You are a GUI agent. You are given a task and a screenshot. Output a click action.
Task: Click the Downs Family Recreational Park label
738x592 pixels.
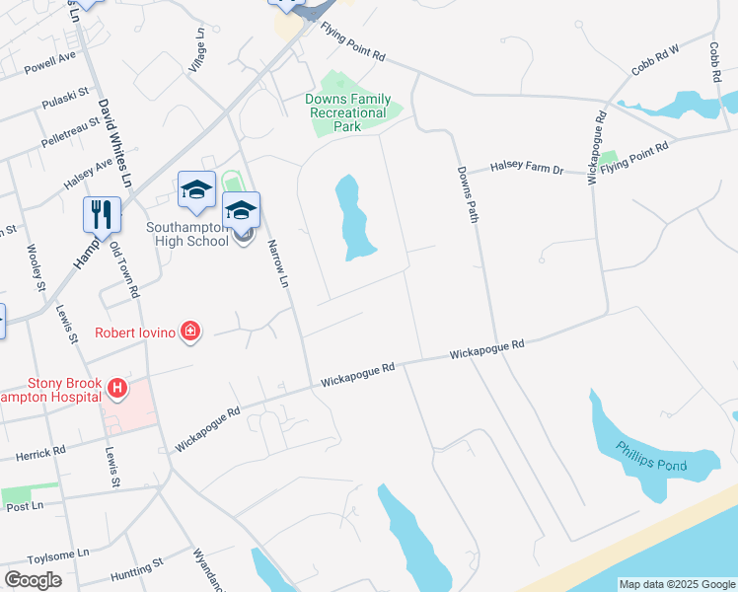pyautogui.click(x=347, y=112)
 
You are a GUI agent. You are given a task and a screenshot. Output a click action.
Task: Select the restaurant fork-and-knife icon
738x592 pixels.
pyautogui.click(x=102, y=214)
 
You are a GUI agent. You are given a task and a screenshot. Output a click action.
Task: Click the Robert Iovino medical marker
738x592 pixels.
pyautogui.click(x=190, y=333)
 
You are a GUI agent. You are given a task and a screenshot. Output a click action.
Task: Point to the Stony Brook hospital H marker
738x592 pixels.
pyautogui.click(x=117, y=390)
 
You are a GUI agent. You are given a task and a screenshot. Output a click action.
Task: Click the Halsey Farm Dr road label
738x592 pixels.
pyautogui.click(x=529, y=170)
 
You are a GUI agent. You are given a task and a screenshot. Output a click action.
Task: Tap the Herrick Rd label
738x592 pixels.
pyautogui.click(x=40, y=453)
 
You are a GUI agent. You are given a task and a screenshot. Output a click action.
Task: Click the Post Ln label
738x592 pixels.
pyautogui.click(x=26, y=506)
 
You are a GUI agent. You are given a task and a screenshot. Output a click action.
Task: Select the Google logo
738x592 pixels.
pyautogui.click(x=33, y=580)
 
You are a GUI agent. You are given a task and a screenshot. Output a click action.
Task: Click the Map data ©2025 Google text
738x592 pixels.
pyautogui.click(x=677, y=584)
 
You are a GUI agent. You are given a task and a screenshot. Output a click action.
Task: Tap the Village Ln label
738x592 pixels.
pyautogui.click(x=200, y=48)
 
